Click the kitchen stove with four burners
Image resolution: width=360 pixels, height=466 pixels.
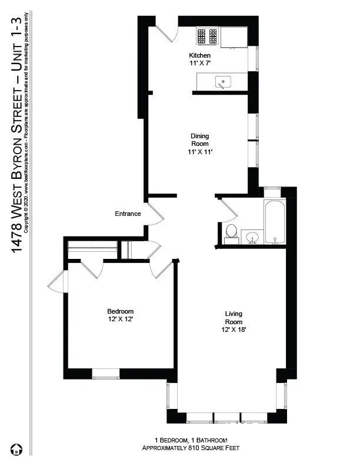point(207,36)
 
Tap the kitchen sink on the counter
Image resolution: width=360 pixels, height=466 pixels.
point(223,82)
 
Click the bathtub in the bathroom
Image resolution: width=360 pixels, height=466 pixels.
point(275,222)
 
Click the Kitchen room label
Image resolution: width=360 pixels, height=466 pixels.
point(199,55)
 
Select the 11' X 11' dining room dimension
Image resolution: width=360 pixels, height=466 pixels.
point(199,152)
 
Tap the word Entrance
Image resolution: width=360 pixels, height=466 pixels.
point(128,214)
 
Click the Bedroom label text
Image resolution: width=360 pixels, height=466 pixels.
point(120,311)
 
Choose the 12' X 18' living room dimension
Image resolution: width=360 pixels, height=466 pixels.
point(233,329)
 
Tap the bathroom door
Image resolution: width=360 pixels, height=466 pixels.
point(223,211)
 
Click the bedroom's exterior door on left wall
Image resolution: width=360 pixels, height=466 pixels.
point(57,284)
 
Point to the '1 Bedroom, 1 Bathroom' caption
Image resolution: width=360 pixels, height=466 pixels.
point(191,440)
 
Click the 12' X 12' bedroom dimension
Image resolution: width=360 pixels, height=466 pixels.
point(120,319)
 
